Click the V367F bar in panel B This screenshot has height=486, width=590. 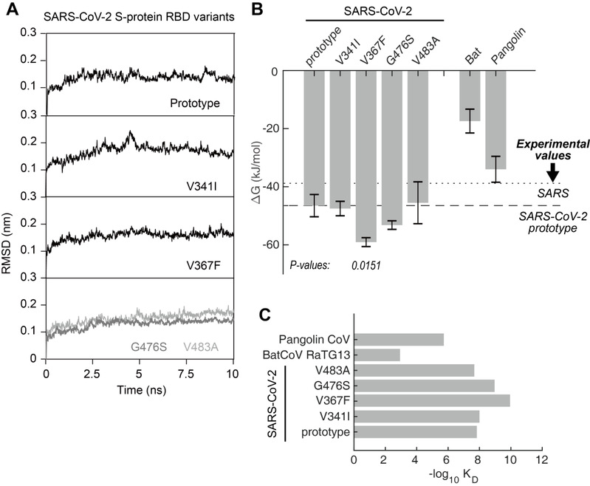tap(366, 157)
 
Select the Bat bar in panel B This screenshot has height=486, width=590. tap(470, 95)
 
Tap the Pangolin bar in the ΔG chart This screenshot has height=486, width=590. tap(495, 120)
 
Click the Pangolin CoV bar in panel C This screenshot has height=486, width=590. tap(399, 340)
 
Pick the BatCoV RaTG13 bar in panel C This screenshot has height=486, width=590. tap(377, 355)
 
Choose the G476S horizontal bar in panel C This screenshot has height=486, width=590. tap(424, 386)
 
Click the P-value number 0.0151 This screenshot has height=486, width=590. tap(366, 266)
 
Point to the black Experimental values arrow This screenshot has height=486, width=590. tap(553, 172)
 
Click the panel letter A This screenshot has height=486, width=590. tap(12, 8)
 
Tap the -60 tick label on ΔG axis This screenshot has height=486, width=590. tap(270, 245)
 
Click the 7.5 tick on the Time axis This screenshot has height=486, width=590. tap(186, 374)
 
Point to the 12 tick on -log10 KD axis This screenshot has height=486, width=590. tap(542, 461)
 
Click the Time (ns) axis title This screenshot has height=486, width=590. tap(142, 390)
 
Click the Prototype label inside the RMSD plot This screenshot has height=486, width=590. tap(195, 103)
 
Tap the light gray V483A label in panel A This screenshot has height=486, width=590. tap(201, 346)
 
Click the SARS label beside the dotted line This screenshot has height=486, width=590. tap(553, 194)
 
